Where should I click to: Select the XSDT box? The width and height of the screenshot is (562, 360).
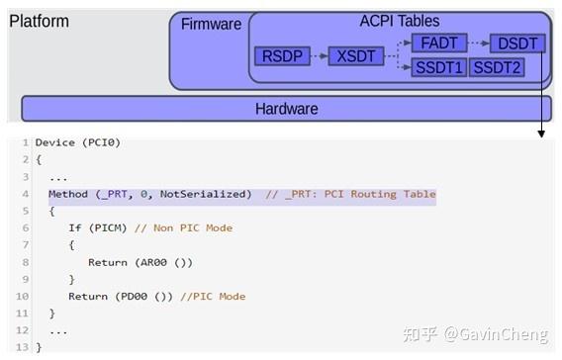pos(354,56)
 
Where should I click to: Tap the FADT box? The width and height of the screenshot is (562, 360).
pos(437,45)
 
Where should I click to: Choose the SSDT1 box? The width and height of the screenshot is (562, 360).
pos(437,67)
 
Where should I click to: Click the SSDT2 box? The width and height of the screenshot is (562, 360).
pos(496,67)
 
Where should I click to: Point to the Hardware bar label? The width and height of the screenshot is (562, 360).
pos(286,109)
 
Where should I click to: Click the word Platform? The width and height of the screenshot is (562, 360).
pos(39,21)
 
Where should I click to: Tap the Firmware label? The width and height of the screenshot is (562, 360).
pos(211,24)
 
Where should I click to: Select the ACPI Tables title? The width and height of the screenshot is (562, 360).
pos(399,21)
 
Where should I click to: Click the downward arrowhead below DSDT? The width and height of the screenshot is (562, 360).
pos(541,132)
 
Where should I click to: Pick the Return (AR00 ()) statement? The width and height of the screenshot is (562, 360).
pos(140,262)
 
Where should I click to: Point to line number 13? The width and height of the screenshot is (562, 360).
pos(25,347)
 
